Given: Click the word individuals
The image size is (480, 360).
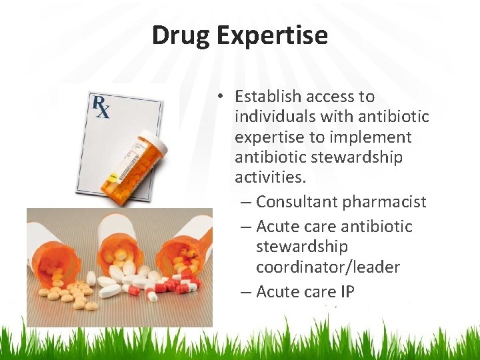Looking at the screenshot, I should point(275,117).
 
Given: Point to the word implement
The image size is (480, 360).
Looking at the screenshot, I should point(379,137).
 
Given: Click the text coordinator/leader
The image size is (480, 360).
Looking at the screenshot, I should point(327,267).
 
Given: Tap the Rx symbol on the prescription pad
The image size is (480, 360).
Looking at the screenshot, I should point(101,107).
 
